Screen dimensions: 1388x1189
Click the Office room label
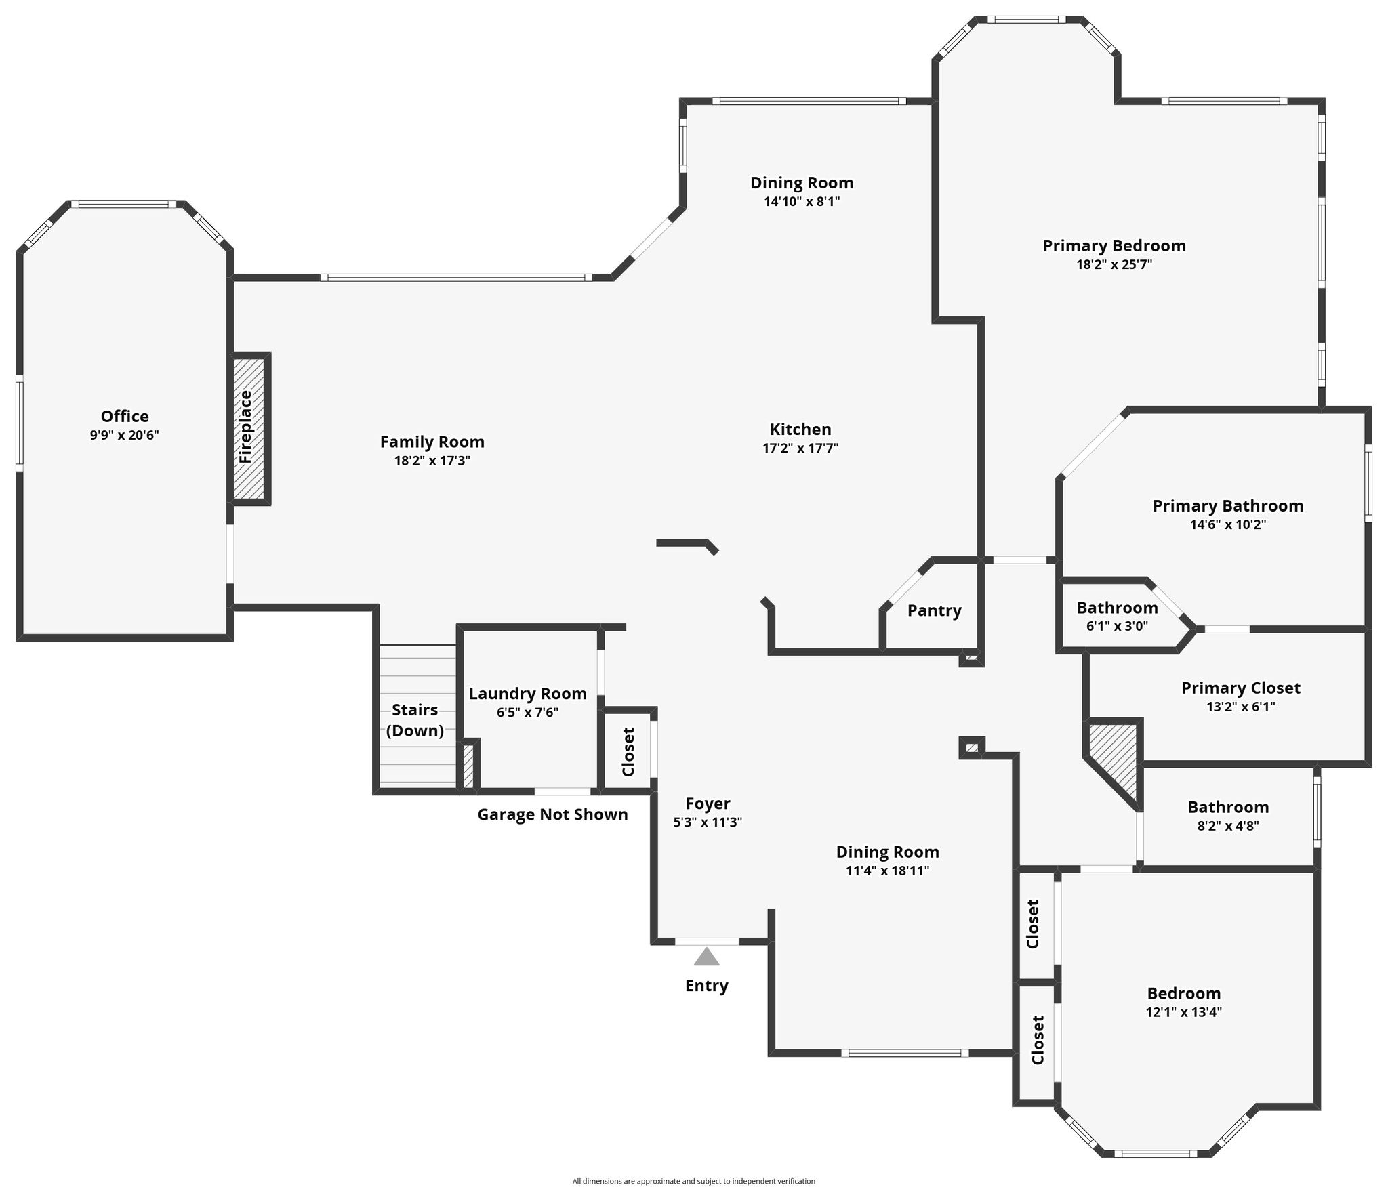coord(125,416)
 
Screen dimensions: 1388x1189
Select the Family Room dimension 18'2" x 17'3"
coord(432,461)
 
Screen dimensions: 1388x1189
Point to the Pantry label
coord(935,610)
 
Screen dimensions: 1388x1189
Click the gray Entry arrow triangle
coord(707,956)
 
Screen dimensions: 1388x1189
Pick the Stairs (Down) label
coord(415,720)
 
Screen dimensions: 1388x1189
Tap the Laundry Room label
coord(528,694)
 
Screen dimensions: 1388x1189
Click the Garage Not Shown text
coord(552,814)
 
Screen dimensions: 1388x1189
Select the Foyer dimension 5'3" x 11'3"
coord(708,822)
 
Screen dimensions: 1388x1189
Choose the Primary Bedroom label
coord(1114,245)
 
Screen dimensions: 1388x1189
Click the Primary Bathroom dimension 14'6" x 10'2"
coord(1228,524)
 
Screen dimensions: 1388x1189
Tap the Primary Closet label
coord(1241,688)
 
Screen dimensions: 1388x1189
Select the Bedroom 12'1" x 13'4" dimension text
coord(1184,1012)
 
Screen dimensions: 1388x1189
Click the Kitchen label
coord(800,429)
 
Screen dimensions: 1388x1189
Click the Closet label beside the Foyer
coord(628,752)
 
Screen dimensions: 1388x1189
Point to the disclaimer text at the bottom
coord(694,1181)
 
